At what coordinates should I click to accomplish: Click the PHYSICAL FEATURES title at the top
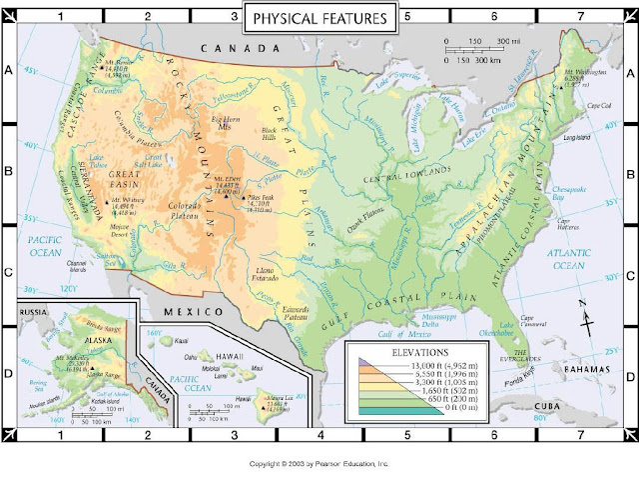click(319, 19)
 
